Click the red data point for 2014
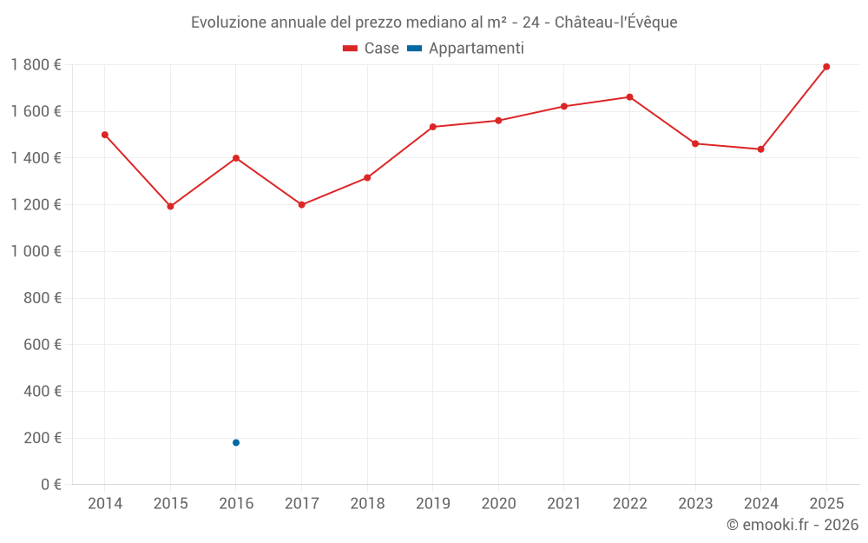105,135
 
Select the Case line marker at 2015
170,207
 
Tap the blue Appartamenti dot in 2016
236,443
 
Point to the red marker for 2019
433,127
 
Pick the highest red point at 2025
826,67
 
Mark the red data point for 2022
629,97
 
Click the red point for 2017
302,205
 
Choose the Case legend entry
372,49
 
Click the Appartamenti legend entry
466,49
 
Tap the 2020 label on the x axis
498,504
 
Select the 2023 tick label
695,504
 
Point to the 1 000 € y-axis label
36,251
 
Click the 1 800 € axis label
36,64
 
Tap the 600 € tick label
43,344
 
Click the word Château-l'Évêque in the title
615,23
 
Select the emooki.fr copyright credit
792,525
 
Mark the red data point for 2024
760,149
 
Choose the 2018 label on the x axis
367,504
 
